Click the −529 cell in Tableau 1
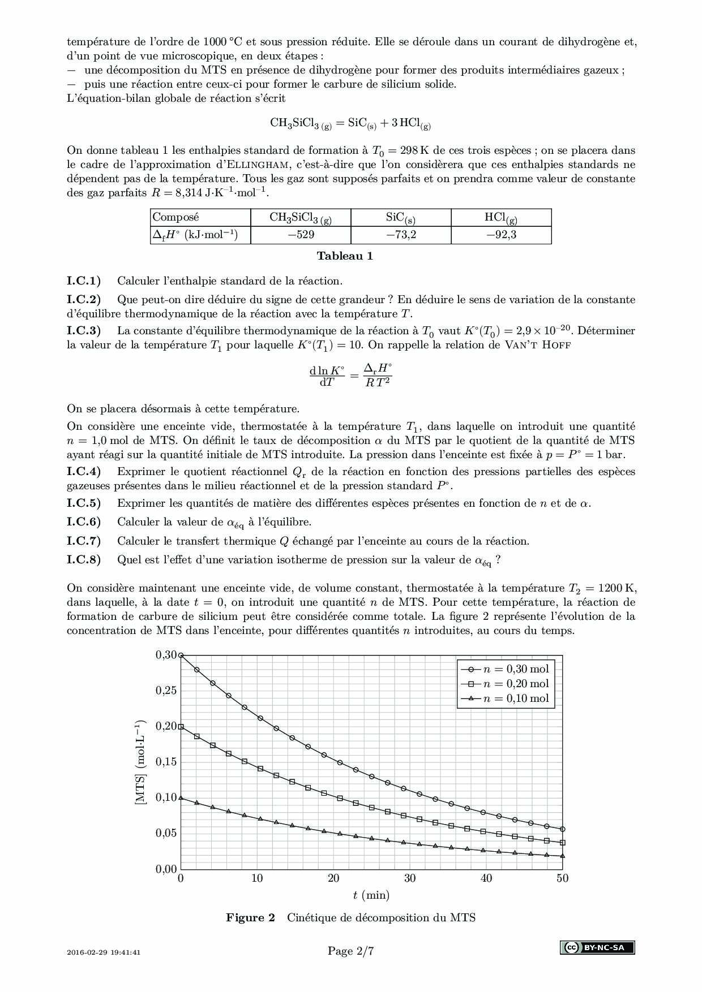pos(301,235)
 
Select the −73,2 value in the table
pos(401,235)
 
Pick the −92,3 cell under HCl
pos(501,235)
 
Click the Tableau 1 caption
pos(345,256)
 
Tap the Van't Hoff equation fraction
pos(351,376)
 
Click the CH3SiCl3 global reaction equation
pos(350,123)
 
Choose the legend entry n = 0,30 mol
pos(505,669)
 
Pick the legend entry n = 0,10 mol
pos(505,698)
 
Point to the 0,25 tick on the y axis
pos(166,691)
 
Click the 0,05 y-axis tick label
pos(166,833)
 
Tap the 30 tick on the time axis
pos(410,878)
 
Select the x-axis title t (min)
pos(371,895)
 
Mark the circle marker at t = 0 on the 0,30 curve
pos(181,655)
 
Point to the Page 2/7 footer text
pos(350,951)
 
